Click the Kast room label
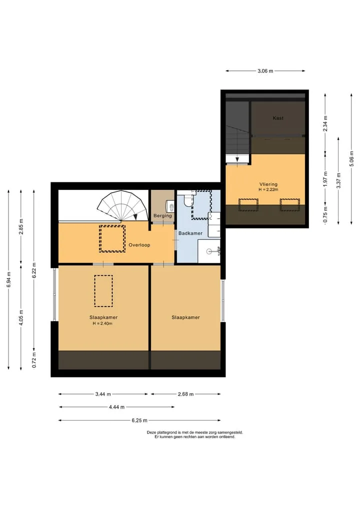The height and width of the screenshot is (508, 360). [x=278, y=118]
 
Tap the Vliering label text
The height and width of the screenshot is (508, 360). [x=268, y=184]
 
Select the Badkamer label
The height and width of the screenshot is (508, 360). [x=190, y=233]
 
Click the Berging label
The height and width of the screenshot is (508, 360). [x=162, y=216]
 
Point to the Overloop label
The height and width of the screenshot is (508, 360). [x=139, y=245]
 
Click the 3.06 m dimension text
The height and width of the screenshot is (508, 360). [x=265, y=71]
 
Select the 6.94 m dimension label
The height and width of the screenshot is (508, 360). [x=9, y=279]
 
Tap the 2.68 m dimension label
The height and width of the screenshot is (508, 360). [x=186, y=394]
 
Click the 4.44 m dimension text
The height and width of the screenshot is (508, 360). [x=117, y=407]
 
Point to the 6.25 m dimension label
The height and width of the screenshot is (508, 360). [x=139, y=421]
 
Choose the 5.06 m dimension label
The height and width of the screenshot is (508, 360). [x=351, y=159]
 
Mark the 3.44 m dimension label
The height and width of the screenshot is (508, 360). [x=103, y=394]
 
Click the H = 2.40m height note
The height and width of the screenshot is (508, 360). [x=102, y=323]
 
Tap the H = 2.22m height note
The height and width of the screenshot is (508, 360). [x=268, y=190]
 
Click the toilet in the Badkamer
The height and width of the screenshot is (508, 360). [x=188, y=200]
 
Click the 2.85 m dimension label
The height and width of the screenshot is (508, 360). [x=21, y=226]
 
